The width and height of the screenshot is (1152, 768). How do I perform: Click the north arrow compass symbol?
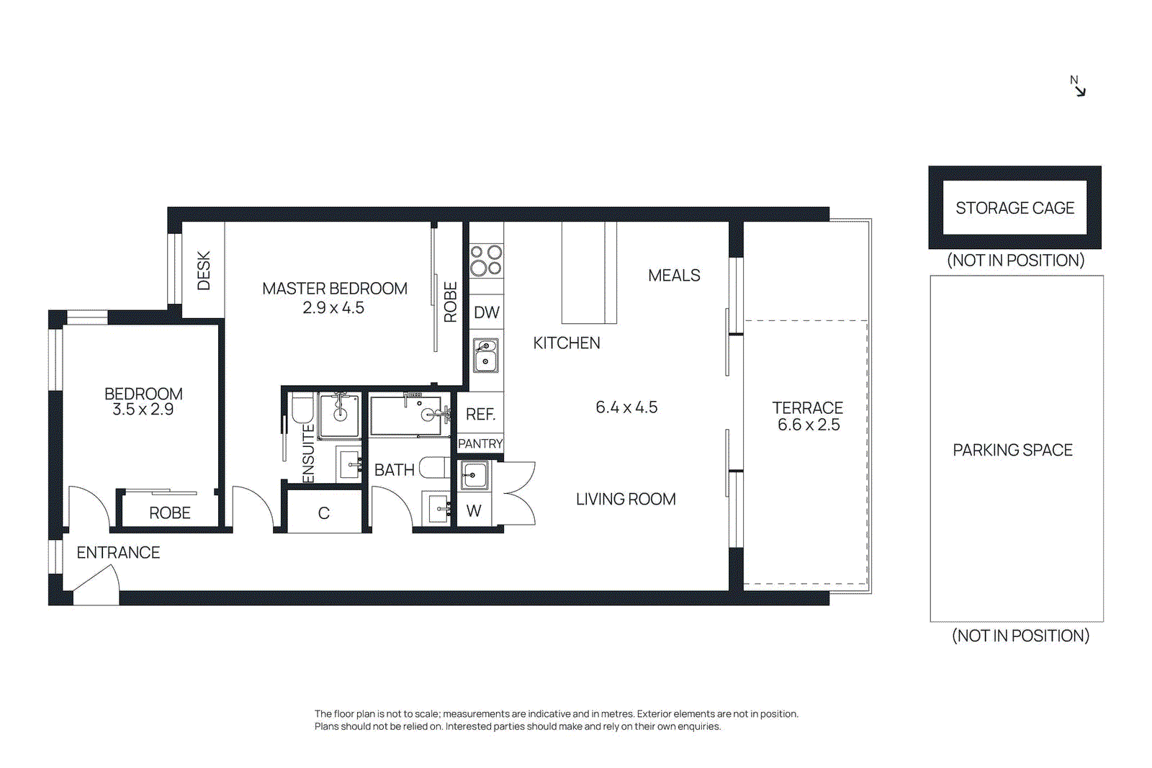point(1078,86)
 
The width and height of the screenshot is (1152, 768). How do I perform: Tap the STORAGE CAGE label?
point(1014,208)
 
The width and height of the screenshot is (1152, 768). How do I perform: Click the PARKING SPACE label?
point(1012,450)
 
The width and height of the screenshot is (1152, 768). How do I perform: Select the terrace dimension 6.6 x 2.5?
point(808,425)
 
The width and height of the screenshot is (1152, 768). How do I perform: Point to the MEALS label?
point(674,276)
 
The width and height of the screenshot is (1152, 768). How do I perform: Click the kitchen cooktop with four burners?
point(486,261)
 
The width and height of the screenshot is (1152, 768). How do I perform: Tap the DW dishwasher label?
point(486,312)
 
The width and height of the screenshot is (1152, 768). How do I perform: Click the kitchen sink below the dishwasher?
point(485,355)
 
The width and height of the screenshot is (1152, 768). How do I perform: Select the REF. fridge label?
point(480,415)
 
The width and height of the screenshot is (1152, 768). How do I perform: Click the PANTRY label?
point(480,444)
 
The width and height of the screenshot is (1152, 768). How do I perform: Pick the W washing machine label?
point(473,511)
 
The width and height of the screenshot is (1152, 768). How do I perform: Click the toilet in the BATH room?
point(434,468)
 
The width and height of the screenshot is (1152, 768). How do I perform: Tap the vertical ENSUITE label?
point(308,453)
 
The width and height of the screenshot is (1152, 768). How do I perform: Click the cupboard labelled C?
point(323,513)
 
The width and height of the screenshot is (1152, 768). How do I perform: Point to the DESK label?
point(204,271)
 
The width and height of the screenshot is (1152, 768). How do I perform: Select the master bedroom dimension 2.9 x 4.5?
point(333,308)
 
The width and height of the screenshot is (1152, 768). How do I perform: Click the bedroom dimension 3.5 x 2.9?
point(143,410)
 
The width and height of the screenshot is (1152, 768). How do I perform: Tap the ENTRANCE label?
point(118,553)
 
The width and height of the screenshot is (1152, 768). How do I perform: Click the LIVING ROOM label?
point(625,500)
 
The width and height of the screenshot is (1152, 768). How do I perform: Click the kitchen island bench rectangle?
point(588,273)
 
